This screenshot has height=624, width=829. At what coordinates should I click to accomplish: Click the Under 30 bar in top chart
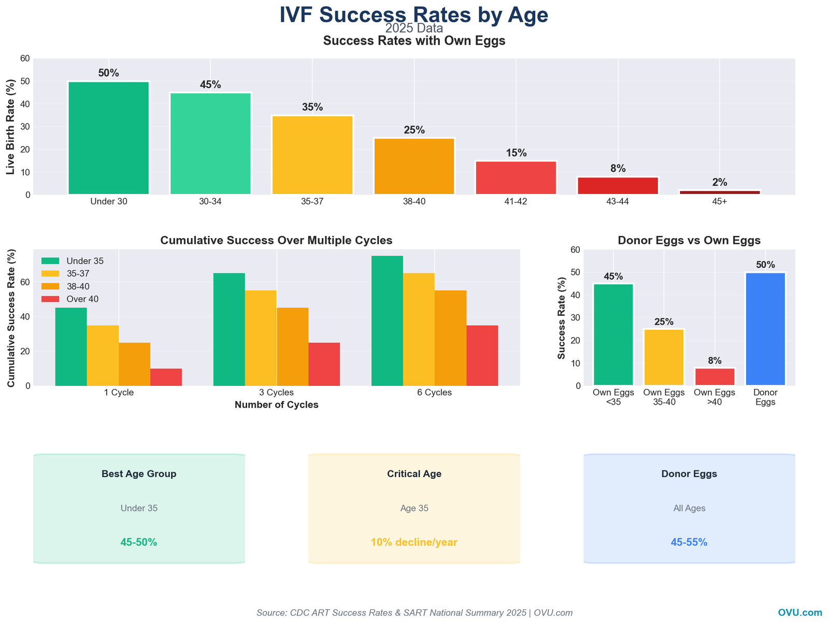tap(108, 138)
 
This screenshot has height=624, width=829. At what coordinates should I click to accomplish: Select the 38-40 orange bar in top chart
tap(414, 166)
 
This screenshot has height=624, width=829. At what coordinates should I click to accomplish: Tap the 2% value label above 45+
tap(720, 182)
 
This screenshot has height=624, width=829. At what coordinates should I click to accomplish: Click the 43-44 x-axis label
tap(618, 202)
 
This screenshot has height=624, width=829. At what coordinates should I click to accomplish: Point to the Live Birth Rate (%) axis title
tap(10, 127)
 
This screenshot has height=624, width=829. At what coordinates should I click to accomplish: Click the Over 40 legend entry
tap(82, 299)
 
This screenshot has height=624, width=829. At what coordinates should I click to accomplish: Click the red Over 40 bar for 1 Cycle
tap(166, 377)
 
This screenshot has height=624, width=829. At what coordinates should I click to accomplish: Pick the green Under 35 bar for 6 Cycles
tap(387, 321)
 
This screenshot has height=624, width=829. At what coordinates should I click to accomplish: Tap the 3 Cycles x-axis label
tap(276, 393)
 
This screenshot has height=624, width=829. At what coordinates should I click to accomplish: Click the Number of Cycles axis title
tap(276, 405)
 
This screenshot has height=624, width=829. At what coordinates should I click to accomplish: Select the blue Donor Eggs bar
tap(765, 329)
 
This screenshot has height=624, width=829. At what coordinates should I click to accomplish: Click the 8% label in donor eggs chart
tap(714, 360)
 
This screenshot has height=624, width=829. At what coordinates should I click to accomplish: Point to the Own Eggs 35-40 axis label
tap(664, 397)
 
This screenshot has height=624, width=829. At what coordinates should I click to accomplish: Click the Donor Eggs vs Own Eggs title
tap(689, 240)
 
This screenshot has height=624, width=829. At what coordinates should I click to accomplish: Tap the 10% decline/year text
tap(414, 542)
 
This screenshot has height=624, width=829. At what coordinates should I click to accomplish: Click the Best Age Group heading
tap(139, 474)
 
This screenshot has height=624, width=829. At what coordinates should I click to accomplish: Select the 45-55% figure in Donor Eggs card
tap(689, 542)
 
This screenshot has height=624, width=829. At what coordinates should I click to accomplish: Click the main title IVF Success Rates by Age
tap(413, 15)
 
